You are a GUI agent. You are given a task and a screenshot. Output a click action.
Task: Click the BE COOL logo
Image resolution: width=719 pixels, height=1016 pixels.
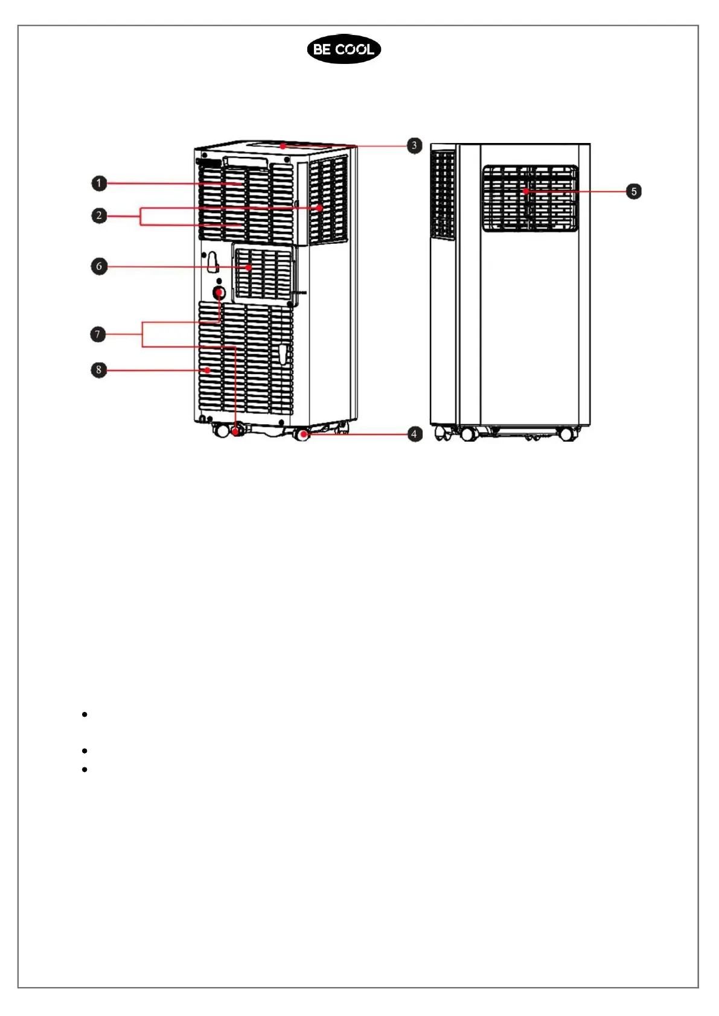[344, 49]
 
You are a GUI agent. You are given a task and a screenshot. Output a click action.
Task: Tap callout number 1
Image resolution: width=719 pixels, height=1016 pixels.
[100, 183]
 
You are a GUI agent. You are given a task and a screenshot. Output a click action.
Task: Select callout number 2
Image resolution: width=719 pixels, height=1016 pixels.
[100, 215]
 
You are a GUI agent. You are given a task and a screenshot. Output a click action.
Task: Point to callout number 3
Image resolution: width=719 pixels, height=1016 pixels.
[414, 145]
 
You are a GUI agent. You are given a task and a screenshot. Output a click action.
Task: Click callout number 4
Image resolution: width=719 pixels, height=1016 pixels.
[414, 434]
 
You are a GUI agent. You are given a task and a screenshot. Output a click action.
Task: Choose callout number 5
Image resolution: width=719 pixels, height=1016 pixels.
[633, 191]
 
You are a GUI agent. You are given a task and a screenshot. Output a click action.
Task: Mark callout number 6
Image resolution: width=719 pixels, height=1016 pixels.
[100, 266]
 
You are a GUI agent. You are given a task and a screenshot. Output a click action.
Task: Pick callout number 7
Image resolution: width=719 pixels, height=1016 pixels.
[98, 334]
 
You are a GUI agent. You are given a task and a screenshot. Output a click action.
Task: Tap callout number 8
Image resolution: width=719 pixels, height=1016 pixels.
[99, 370]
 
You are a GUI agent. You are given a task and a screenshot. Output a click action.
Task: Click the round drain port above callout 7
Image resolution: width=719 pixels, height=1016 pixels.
[219, 293]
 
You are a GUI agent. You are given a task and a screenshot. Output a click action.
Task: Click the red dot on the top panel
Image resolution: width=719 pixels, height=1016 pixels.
[283, 145]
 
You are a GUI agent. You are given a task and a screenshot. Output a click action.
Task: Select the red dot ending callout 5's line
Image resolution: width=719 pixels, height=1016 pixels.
[526, 191]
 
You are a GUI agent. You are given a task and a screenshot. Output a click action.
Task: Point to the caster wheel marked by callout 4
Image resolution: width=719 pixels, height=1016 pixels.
[301, 434]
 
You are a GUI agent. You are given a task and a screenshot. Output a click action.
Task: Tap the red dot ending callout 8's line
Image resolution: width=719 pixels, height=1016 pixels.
[207, 370]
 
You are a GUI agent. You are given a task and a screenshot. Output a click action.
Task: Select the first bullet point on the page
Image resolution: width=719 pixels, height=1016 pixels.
[85, 714]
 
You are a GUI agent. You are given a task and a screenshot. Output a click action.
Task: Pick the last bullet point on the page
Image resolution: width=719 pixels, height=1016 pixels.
[85, 769]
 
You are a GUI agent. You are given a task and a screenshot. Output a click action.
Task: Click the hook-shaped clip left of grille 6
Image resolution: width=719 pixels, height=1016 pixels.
[212, 261]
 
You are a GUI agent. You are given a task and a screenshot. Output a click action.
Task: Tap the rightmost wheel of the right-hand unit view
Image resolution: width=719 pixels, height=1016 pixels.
[566, 434]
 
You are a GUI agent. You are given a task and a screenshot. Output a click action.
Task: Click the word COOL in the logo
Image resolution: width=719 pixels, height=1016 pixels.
[355, 49]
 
